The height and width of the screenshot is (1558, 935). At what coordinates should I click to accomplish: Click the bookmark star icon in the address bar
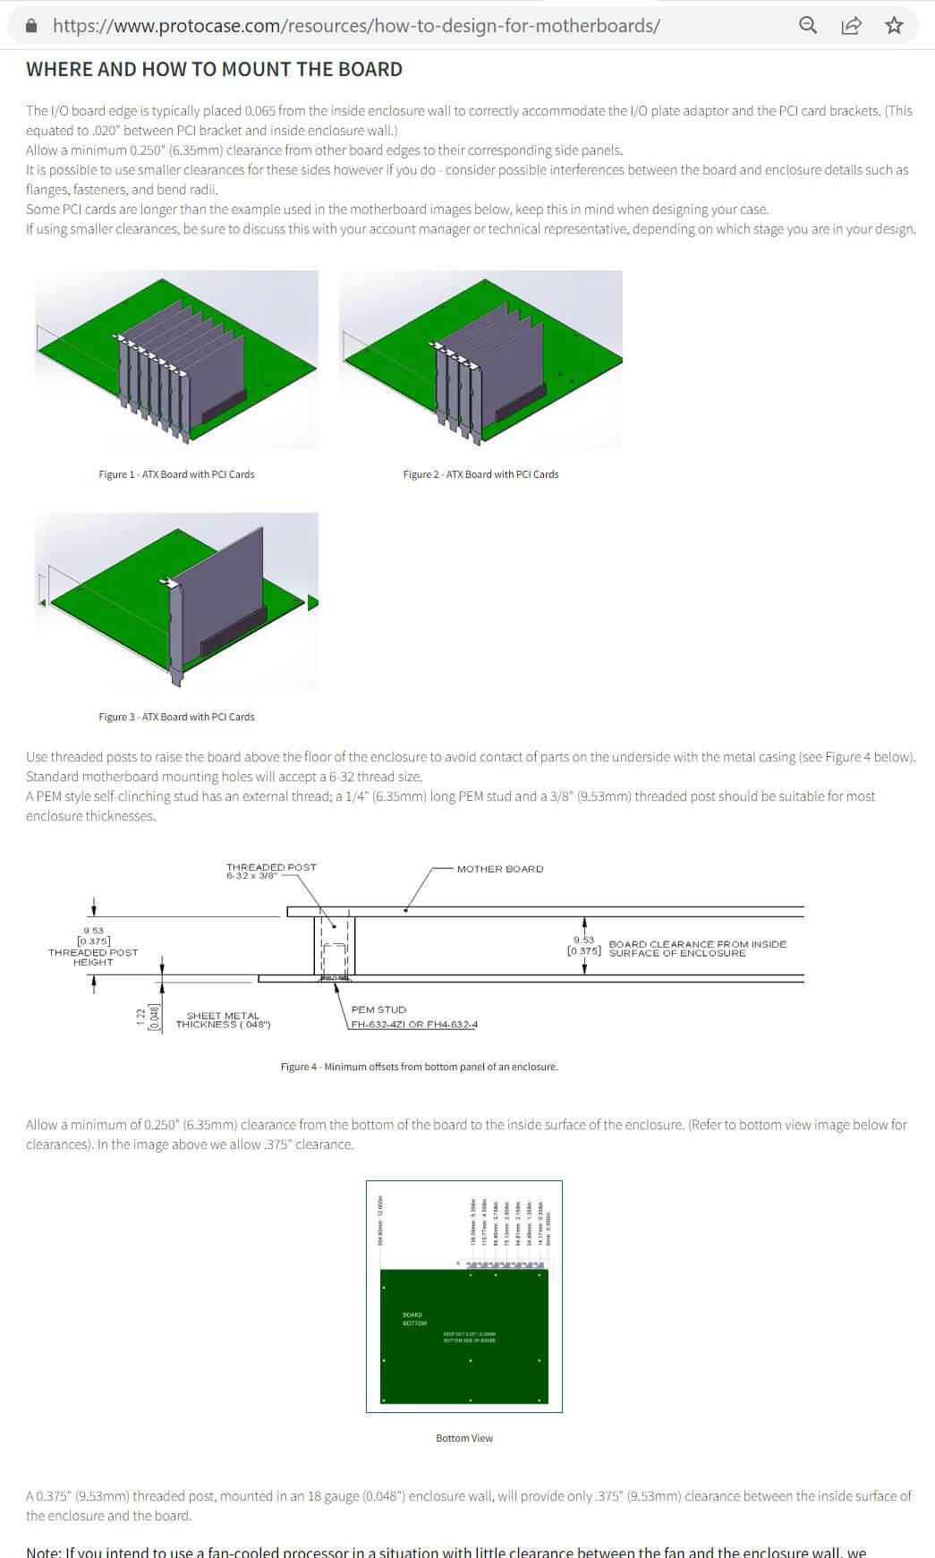(894, 25)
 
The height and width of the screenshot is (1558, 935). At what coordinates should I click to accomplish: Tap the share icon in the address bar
(851, 25)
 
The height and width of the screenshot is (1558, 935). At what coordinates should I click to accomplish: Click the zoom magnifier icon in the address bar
(808, 25)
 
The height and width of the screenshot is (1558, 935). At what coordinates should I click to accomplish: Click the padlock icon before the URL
(32, 26)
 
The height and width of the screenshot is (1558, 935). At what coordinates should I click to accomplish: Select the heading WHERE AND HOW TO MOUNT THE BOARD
(214, 70)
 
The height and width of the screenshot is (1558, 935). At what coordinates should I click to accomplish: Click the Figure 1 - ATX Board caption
(176, 474)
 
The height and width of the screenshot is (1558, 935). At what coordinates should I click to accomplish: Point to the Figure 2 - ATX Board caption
(480, 474)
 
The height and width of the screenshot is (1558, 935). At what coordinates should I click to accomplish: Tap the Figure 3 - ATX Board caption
(176, 717)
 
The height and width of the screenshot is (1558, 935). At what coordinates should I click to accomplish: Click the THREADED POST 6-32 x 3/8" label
(271, 871)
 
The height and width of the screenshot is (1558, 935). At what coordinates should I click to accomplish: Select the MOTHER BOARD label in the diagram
(499, 869)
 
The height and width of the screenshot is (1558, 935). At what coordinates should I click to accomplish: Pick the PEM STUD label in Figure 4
(378, 1009)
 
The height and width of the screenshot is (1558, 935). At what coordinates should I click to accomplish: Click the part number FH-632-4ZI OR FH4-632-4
(414, 1024)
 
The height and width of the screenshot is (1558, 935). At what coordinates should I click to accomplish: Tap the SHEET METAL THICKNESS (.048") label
(223, 1020)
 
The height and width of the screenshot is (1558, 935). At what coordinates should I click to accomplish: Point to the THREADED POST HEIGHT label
(93, 957)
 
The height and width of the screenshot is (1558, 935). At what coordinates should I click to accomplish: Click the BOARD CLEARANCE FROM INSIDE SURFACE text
(697, 949)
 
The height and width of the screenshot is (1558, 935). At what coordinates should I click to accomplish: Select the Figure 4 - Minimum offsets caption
(419, 1067)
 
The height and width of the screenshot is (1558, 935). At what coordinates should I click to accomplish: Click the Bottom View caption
(463, 1438)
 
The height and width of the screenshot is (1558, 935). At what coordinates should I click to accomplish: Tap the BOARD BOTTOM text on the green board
(413, 1319)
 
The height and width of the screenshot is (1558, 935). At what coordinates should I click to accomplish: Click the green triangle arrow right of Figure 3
(312, 602)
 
